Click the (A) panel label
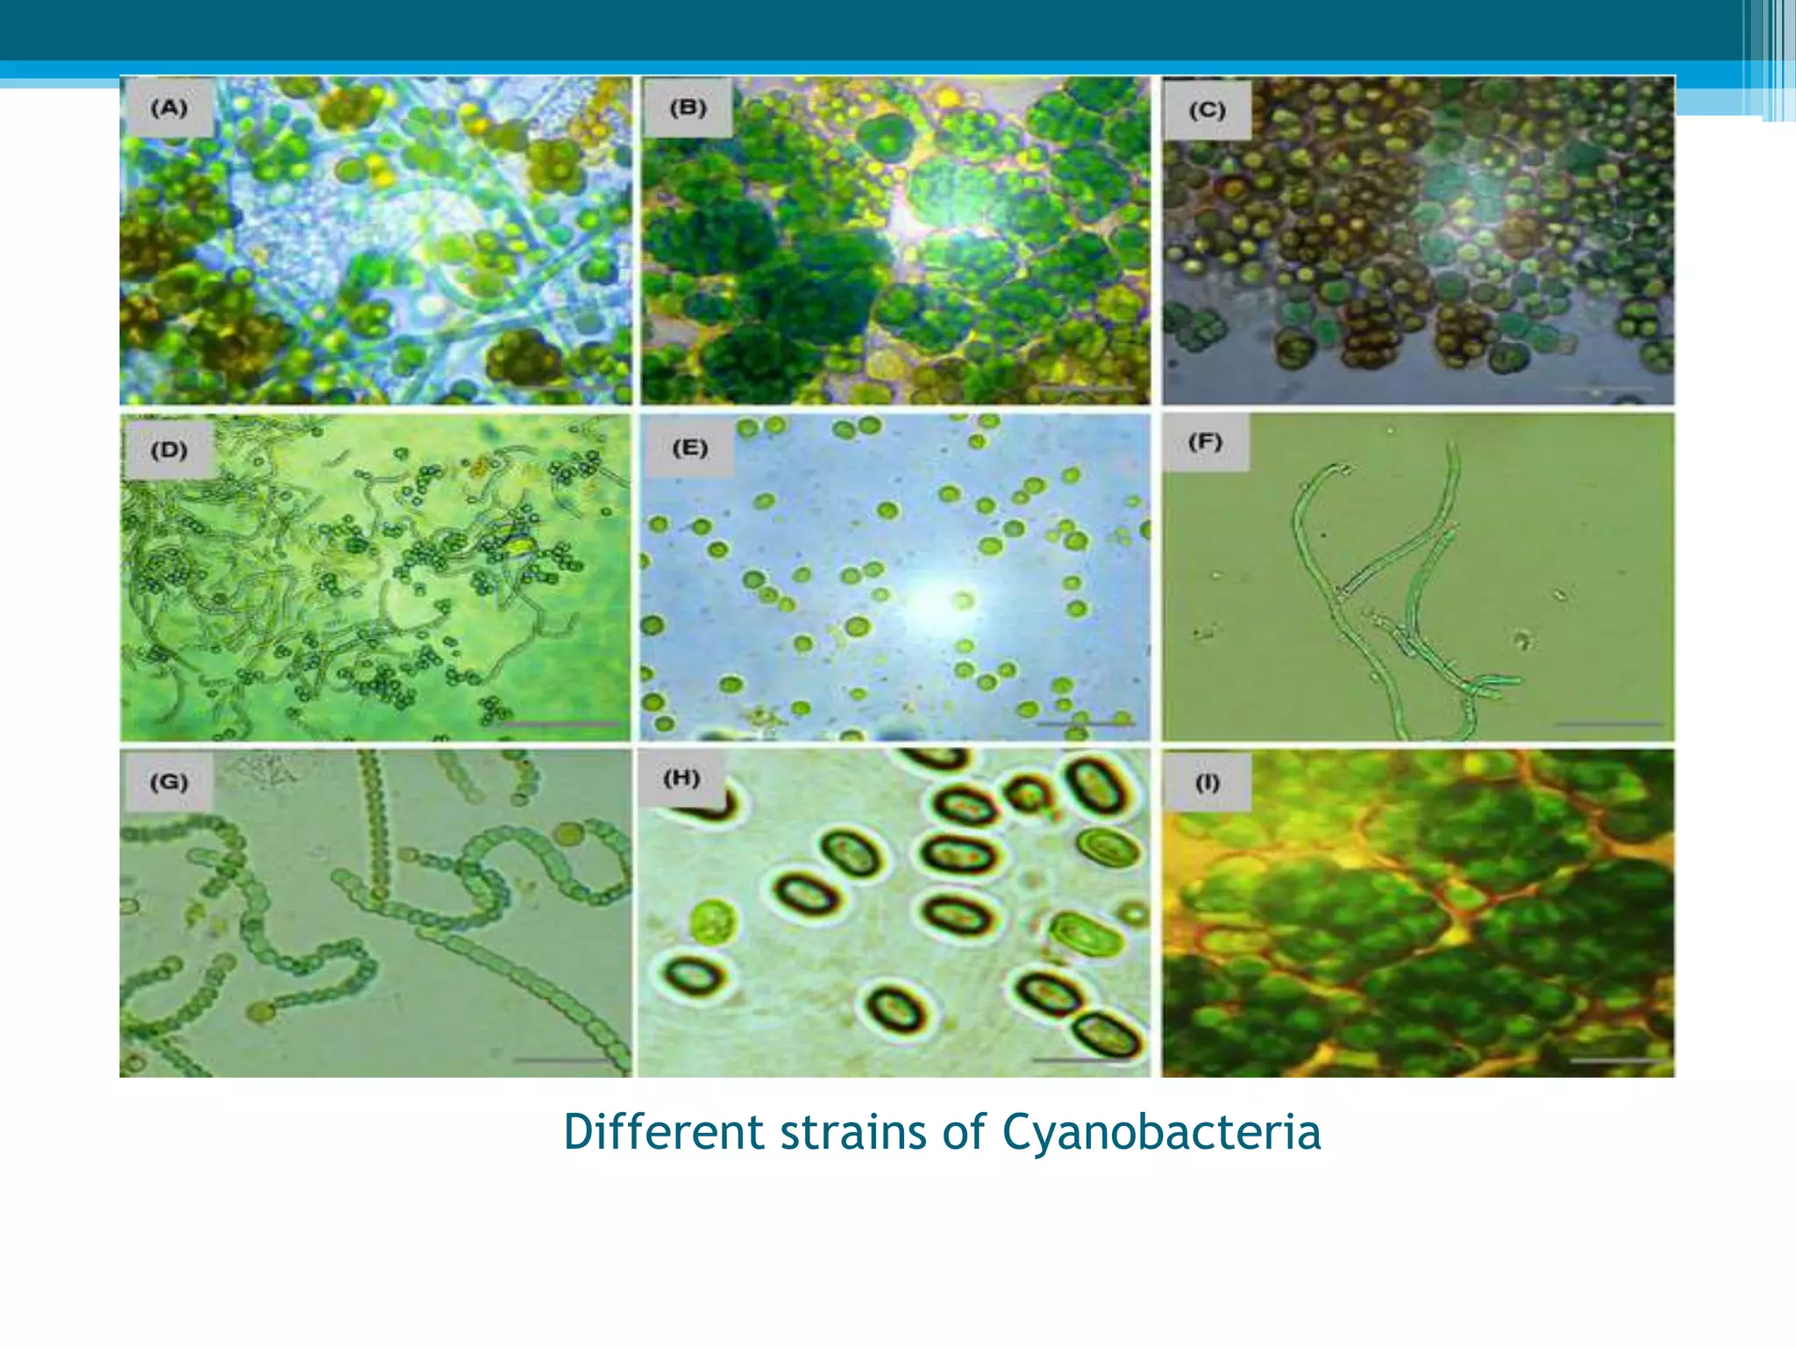169,108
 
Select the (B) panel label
688,108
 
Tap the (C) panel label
1207,110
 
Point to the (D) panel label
169,450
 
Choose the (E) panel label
689,448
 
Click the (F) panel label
1205,441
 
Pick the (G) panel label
169,781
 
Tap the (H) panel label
681,778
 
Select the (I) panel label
1208,782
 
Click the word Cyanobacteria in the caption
1161,1131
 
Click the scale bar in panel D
554,723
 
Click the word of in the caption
963,1131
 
